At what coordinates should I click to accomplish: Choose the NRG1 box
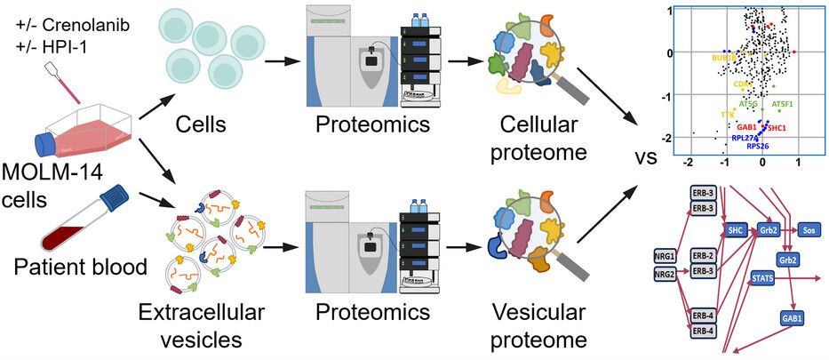(663, 259)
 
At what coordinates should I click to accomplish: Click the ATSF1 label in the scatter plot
(783, 104)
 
